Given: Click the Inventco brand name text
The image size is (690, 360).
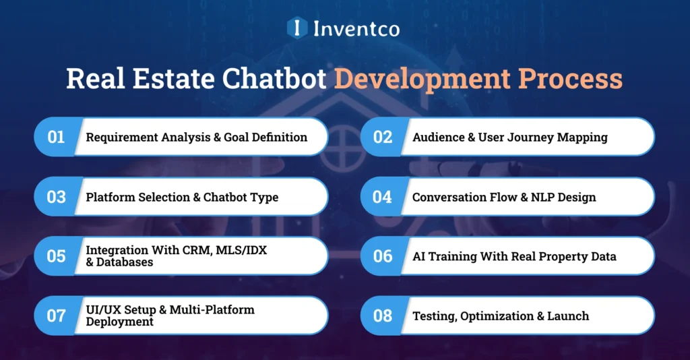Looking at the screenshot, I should pyautogui.click(x=356, y=28).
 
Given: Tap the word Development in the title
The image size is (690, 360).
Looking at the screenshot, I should pyautogui.click(x=418, y=79).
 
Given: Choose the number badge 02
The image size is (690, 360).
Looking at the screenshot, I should pyautogui.click(x=382, y=137).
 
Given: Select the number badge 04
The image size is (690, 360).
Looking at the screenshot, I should pyautogui.click(x=382, y=197).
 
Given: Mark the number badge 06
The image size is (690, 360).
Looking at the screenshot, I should pyautogui.click(x=382, y=256).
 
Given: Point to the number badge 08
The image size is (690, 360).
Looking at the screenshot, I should pyautogui.click(x=382, y=316).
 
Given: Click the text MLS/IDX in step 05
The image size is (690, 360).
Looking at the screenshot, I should pyautogui.click(x=245, y=250).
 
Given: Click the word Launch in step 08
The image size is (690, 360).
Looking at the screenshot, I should pyautogui.click(x=568, y=316).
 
